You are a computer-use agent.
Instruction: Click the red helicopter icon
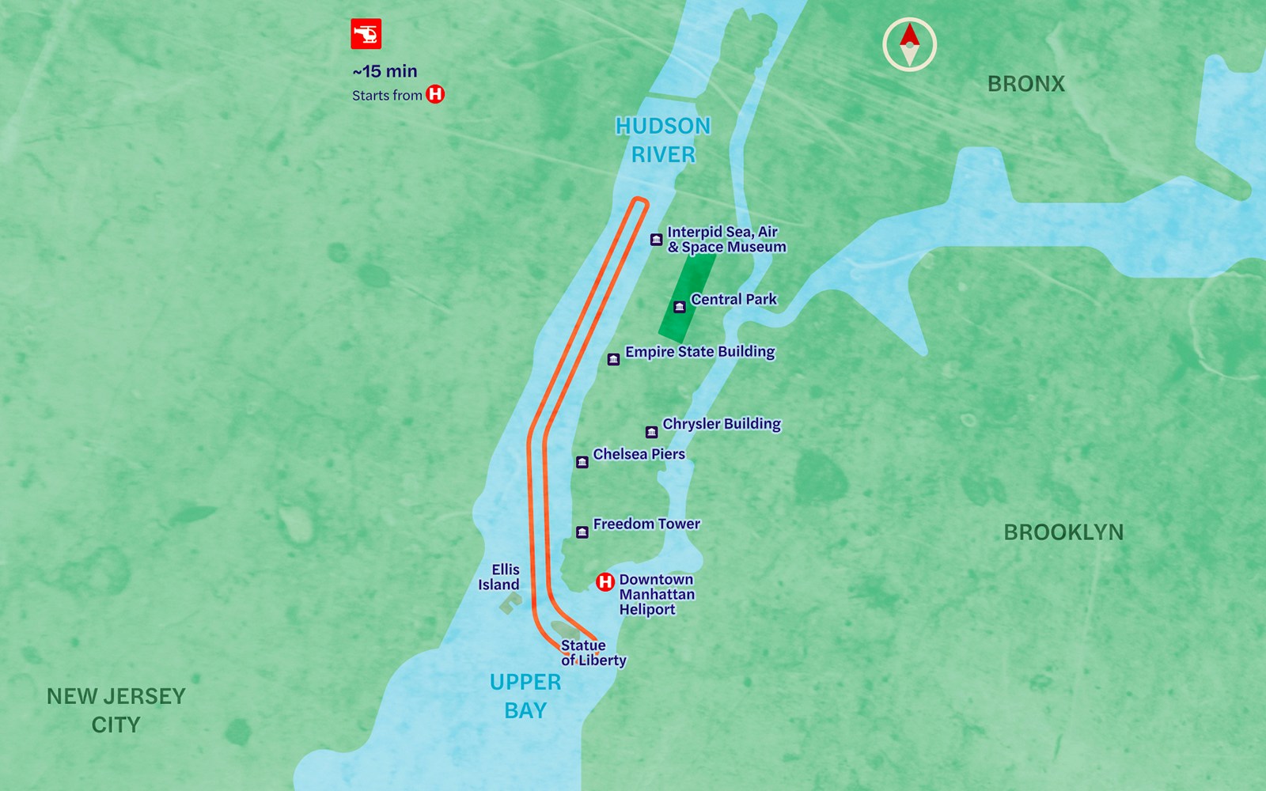(x=366, y=34)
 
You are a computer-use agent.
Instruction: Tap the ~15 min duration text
(x=385, y=71)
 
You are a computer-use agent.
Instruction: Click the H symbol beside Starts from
(x=435, y=95)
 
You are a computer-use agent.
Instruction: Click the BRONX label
(x=1025, y=84)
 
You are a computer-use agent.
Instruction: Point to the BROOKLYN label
(x=1063, y=532)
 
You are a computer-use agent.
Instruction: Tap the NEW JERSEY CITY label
(x=116, y=710)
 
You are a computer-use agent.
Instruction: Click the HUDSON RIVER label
(x=663, y=140)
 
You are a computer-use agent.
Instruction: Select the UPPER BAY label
(x=525, y=696)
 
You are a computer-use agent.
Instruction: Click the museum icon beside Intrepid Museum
(x=656, y=240)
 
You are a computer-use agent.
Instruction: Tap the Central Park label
(x=733, y=299)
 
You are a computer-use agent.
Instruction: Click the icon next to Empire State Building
(x=613, y=360)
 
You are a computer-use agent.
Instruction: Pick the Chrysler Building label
(x=721, y=424)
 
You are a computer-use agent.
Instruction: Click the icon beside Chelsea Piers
(x=582, y=462)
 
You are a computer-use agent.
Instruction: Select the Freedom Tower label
(x=646, y=524)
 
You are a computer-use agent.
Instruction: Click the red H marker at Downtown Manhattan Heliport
(x=605, y=582)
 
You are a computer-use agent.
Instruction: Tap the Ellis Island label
(x=499, y=577)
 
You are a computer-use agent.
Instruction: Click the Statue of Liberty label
(x=593, y=653)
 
